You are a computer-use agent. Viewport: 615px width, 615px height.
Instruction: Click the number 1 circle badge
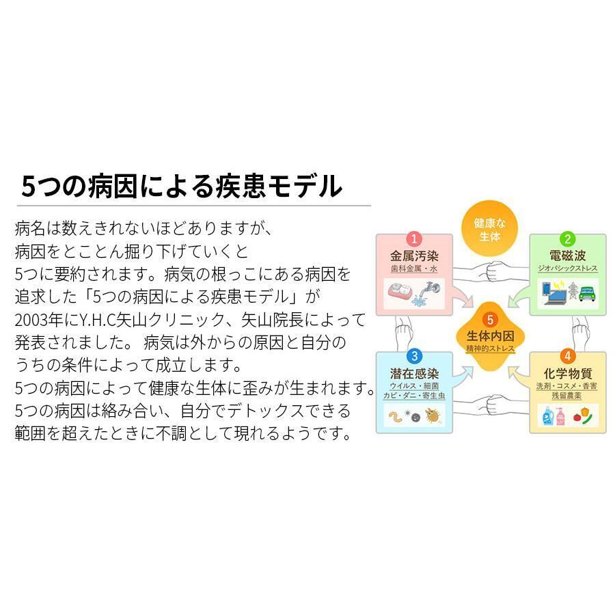(x=414, y=239)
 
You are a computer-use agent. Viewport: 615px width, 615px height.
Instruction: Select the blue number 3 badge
(x=414, y=356)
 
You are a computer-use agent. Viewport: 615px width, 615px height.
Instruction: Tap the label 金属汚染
(x=413, y=257)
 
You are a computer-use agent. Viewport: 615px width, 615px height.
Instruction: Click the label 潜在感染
(x=414, y=374)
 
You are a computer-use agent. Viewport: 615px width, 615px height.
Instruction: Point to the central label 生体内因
(x=489, y=336)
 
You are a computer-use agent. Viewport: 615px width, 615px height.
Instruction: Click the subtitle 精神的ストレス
(x=490, y=349)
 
